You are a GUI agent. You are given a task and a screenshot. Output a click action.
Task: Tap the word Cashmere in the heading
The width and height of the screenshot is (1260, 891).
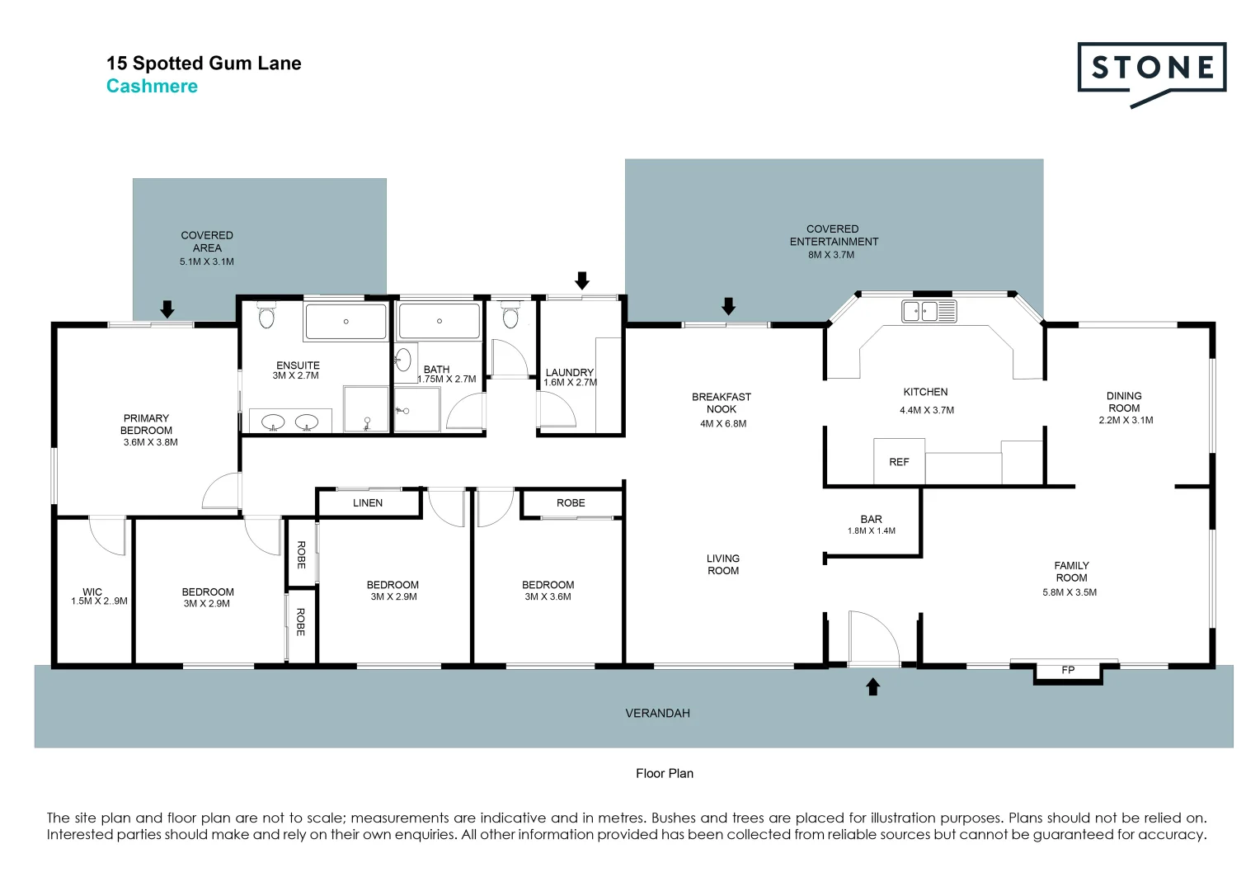coord(152,87)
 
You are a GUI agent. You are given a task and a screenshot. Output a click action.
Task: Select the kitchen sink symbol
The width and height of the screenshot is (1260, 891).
coord(929,311)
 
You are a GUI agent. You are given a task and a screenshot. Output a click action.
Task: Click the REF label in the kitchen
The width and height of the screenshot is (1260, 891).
coord(899,462)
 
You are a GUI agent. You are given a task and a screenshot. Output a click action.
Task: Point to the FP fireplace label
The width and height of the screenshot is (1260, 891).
coord(1068,670)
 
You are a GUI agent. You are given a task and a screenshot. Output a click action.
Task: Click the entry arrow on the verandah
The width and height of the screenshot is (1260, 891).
coord(873,686)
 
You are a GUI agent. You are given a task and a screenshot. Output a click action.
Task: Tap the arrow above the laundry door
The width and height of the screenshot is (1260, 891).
coord(582,280)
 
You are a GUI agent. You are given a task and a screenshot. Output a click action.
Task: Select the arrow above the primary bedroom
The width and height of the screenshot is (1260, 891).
coord(167,309)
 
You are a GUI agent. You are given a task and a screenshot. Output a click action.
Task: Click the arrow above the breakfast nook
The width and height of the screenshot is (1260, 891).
coord(728,306)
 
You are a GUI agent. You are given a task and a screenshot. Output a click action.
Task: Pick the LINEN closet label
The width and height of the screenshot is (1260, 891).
coord(368,503)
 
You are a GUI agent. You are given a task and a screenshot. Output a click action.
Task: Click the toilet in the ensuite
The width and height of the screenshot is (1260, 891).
coord(266,316)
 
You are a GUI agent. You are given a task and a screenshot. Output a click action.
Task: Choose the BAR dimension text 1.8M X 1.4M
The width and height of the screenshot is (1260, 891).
coord(871,531)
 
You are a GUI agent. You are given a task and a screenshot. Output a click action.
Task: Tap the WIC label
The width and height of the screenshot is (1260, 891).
coord(92,592)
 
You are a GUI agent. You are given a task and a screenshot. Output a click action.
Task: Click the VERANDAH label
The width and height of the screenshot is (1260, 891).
coord(657,714)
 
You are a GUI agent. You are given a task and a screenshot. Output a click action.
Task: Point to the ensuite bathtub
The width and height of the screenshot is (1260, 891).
coord(346,322)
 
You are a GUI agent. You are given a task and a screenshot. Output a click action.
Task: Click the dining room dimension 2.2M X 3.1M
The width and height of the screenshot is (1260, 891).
coord(1126,421)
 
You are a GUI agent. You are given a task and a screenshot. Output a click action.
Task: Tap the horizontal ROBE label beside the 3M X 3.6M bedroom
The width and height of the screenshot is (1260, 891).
coord(571,503)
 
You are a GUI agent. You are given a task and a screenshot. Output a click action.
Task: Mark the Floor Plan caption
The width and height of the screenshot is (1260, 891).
coord(665,774)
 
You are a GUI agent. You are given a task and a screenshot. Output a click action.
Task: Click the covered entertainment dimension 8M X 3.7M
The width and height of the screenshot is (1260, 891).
coord(831,255)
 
